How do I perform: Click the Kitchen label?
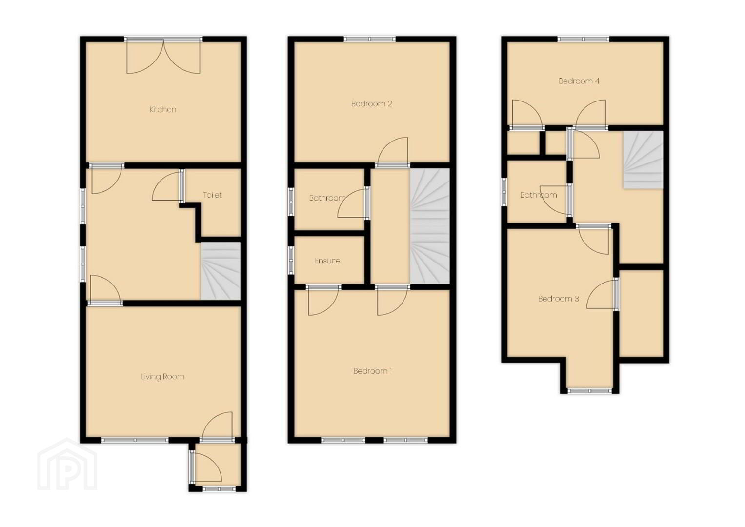click(162, 109)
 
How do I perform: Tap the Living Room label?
click(162, 377)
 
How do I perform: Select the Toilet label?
click(212, 195)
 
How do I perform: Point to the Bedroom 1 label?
click(373, 371)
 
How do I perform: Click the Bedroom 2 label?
click(371, 104)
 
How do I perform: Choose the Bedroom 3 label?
click(559, 299)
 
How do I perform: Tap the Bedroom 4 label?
click(579, 81)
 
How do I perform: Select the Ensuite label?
click(327, 261)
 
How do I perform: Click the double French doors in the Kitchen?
click(163, 56)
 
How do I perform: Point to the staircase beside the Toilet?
click(221, 270)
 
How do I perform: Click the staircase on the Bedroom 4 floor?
click(643, 160)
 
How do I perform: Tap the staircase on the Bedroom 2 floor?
click(430, 226)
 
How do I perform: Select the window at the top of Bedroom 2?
click(370, 39)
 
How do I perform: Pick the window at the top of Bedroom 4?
click(584, 39)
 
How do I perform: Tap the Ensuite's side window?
click(291, 260)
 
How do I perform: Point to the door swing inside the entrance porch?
click(208, 468)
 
